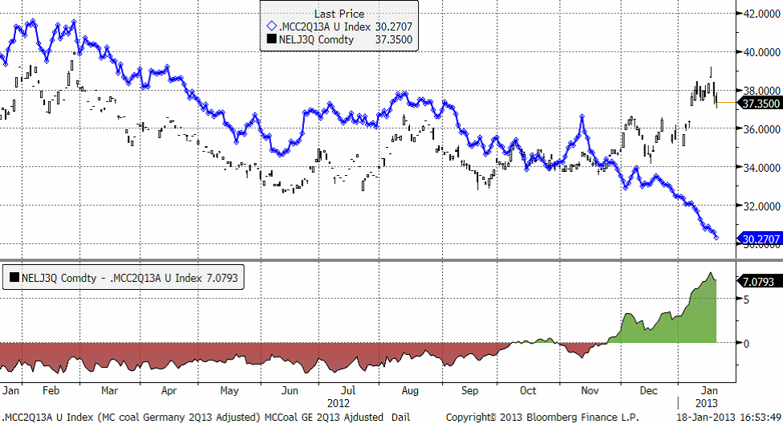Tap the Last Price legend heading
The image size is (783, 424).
339,14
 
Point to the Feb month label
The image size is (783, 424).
51,390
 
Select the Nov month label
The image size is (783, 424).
590,390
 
